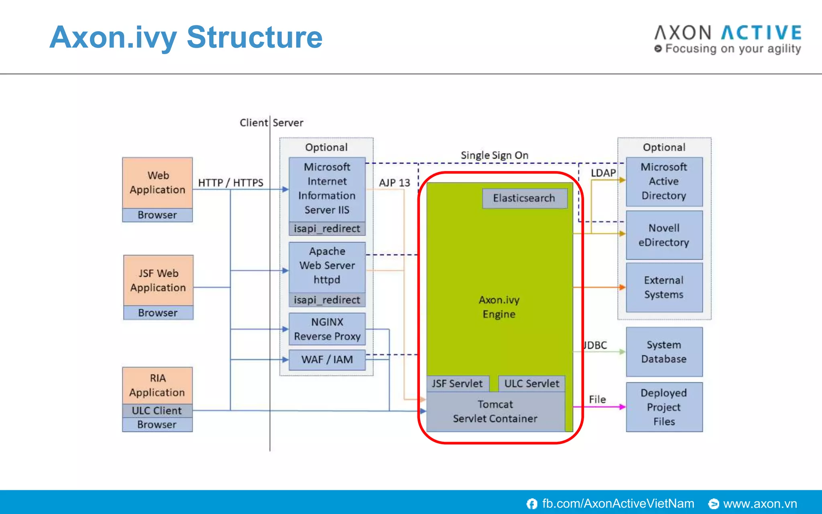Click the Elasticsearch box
524,198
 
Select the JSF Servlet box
458,383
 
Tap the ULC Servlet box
531,383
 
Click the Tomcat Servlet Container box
495,412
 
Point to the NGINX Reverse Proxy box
327,329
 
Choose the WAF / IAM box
327,359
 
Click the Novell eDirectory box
664,235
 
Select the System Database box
664,352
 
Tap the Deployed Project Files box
664,407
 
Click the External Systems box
664,288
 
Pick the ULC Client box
157,410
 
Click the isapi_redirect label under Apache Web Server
327,300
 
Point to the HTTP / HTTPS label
230,183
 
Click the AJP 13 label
395,183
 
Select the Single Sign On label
494,155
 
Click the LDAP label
603,173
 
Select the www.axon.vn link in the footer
759,504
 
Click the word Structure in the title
254,37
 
